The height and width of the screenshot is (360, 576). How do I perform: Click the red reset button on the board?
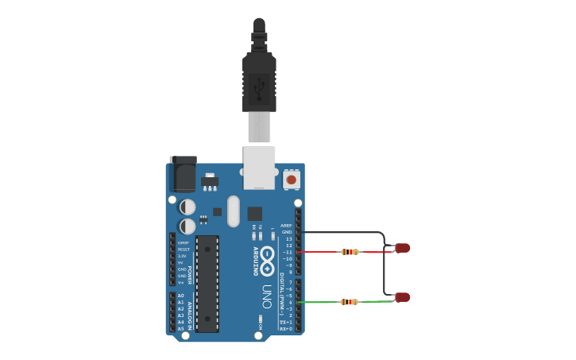coord(292,180)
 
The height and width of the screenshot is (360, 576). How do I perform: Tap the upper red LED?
coord(404,248)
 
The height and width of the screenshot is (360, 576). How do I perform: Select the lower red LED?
coord(404,297)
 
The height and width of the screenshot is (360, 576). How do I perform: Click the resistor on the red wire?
coord(350,252)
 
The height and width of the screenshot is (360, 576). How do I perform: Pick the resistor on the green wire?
coord(350,301)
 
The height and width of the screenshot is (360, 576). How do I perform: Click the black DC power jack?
coord(184,175)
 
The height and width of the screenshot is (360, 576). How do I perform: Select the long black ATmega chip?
coord(207,283)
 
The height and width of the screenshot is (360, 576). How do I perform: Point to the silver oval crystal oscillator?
coord(232,211)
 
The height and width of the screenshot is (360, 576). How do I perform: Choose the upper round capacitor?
coord(187,207)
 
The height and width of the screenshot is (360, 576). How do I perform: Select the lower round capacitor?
coord(187,227)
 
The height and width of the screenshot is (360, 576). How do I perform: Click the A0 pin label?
coord(180,296)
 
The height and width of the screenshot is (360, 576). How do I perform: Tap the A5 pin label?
coord(180,328)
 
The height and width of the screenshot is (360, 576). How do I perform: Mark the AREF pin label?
coord(287,226)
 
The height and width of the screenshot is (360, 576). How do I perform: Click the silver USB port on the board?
coord(259,167)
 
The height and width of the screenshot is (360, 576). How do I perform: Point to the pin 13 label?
coord(289,238)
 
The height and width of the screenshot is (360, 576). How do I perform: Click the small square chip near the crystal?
coord(254,213)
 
